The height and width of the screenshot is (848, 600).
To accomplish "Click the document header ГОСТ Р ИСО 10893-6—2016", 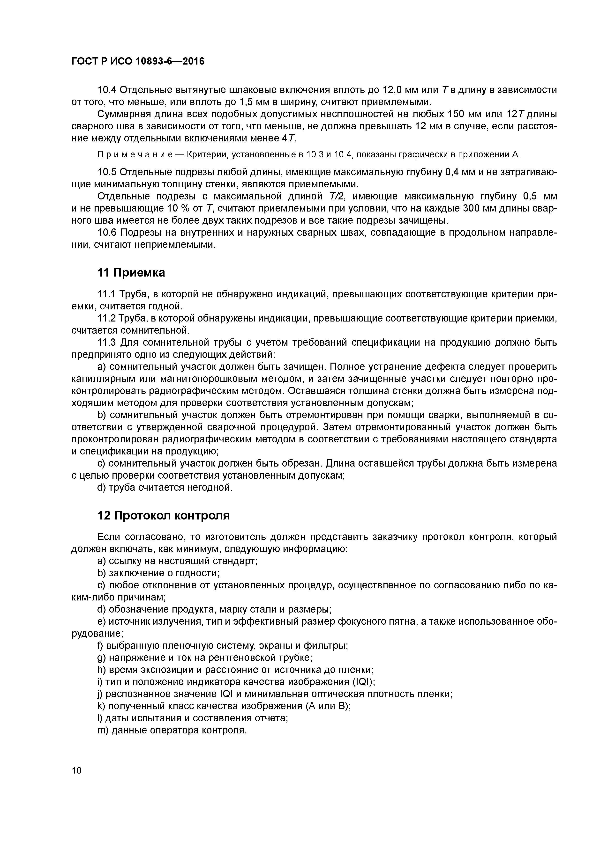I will coord(137,61).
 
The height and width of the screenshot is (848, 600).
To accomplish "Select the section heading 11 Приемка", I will coord(131,273).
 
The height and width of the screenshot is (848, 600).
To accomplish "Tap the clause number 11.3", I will coord(106,343).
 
